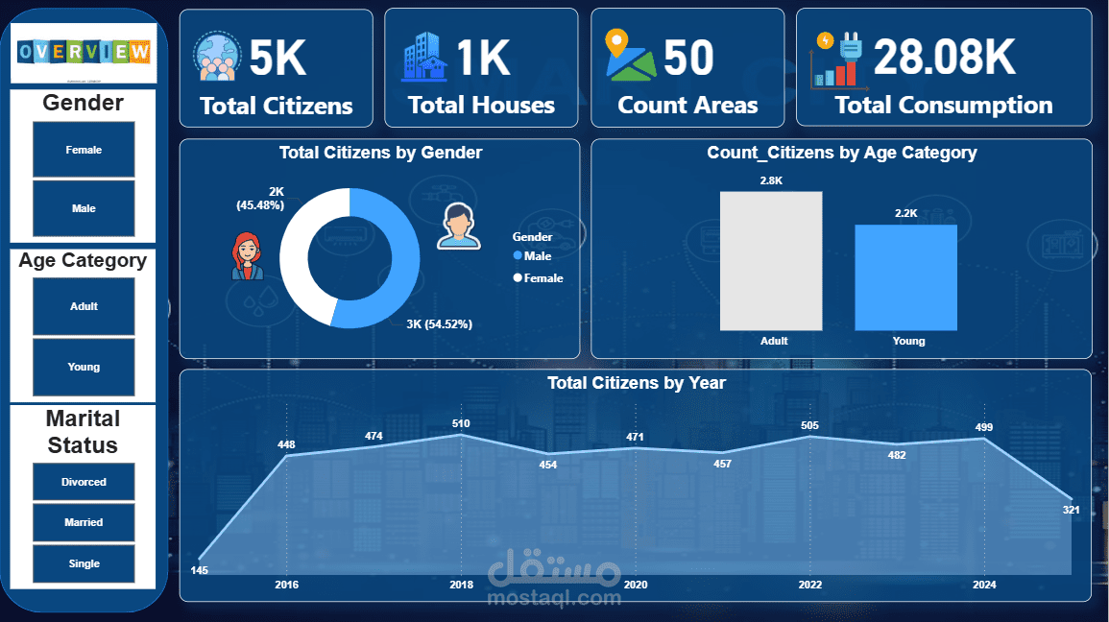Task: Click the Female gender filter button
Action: (84, 150)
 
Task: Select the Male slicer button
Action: (84, 208)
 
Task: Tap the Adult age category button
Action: (84, 306)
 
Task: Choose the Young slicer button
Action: (84, 367)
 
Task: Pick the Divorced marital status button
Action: (84, 482)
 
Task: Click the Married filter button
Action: (84, 522)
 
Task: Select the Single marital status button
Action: (84, 563)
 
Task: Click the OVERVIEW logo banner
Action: (84, 52)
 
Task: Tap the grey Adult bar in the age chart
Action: (771, 260)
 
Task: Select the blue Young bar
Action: (906, 277)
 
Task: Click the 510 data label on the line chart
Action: (461, 422)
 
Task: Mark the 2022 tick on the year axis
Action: (809, 585)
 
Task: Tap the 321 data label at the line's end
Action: (1071, 510)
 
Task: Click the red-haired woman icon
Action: (248, 256)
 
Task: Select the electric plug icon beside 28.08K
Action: (837, 59)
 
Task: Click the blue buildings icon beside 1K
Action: (423, 57)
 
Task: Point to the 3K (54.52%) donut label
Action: (439, 324)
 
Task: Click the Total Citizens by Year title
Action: (636, 383)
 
